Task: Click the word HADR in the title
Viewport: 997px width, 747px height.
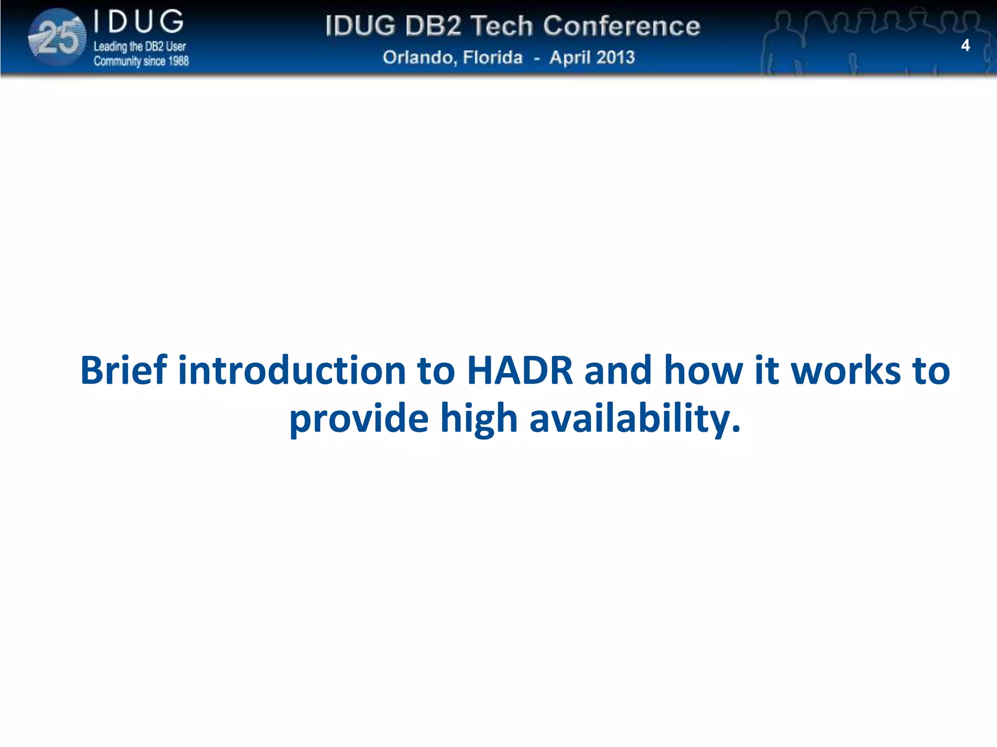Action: tap(519, 371)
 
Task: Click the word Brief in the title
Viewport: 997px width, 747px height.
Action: tap(124, 371)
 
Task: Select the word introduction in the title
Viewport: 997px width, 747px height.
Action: tap(292, 371)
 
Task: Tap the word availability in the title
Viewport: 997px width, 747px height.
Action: tap(634, 418)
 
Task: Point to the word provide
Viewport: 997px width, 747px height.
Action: tap(359, 418)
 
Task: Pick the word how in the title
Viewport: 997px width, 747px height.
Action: tap(703, 371)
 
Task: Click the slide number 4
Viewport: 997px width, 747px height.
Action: tap(965, 46)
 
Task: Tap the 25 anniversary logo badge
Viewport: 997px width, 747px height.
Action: tap(57, 38)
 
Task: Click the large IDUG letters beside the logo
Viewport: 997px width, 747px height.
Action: tap(139, 22)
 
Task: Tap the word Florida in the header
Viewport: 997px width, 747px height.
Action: tap(493, 57)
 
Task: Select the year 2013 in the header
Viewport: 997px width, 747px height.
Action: tap(615, 57)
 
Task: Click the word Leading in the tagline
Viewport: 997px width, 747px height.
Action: tap(110, 47)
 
